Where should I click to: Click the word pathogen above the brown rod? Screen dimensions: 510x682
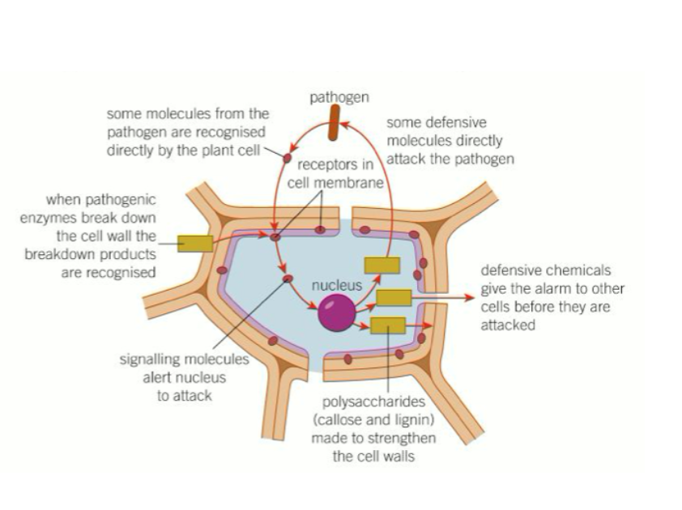339,98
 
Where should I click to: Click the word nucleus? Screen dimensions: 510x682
336,286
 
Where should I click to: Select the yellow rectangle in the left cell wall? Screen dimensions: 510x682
194,243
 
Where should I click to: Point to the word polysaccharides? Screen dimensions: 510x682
373,402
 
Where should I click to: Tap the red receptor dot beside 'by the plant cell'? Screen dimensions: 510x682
287,159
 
